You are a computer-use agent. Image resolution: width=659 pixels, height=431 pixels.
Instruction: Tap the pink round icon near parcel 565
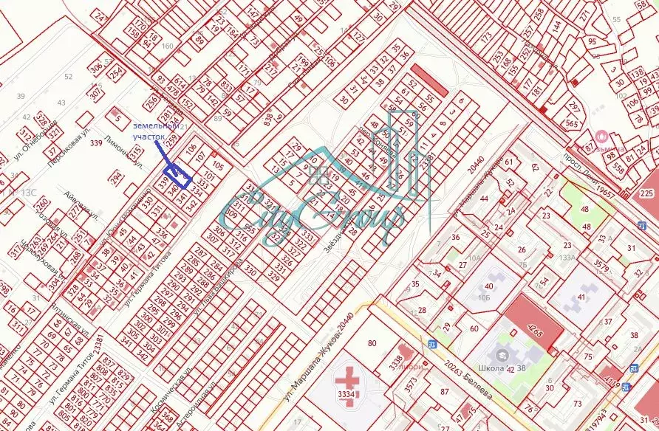point(601,136)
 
